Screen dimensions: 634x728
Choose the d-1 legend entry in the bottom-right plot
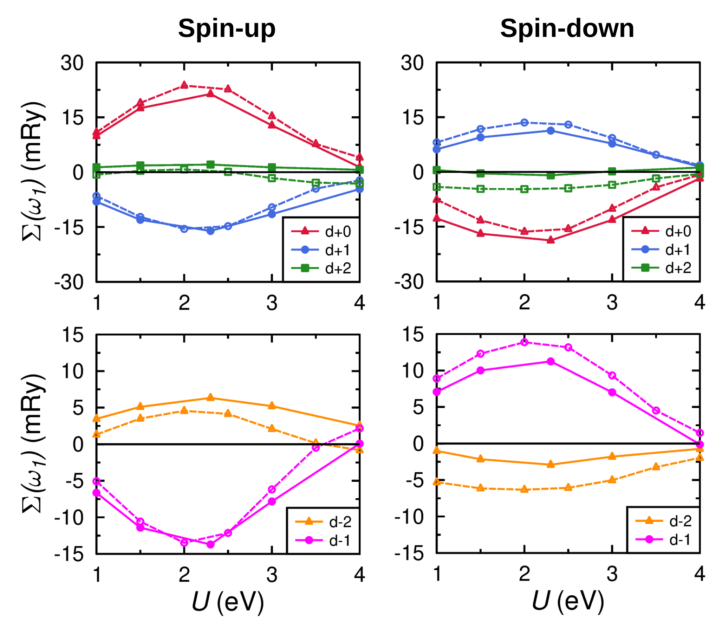pos(663,539)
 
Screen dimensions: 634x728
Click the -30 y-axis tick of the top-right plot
pos(409,283)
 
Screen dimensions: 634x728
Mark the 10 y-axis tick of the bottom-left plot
pos(72,371)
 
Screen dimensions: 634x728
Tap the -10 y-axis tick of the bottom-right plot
pos(409,517)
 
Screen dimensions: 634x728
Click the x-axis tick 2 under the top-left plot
pos(184,303)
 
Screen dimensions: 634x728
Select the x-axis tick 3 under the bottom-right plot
pos(612,574)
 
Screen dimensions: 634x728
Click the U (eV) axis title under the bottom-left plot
pos(228,601)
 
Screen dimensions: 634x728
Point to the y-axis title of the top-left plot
pos(34,172)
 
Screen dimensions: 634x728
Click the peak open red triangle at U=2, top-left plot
pos(184,85)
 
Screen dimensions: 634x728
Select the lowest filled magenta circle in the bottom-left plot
pos(210,544)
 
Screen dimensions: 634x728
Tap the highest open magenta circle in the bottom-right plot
pos(525,342)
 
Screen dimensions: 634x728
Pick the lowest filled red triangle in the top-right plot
pos(551,240)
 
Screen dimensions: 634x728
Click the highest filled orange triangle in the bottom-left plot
pos(210,398)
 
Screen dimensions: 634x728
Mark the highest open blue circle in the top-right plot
pos(525,122)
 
